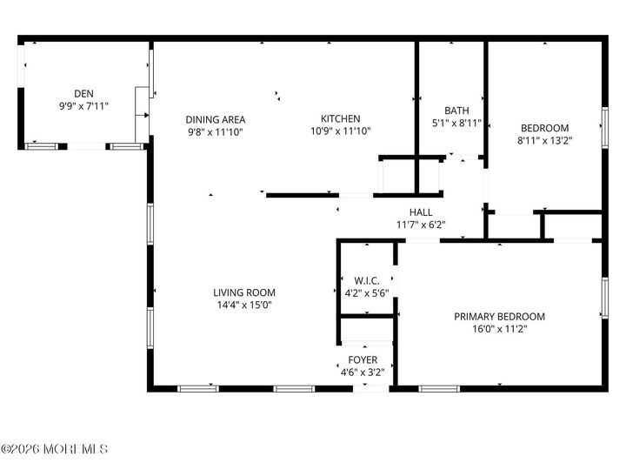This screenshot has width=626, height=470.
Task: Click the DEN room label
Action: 83,93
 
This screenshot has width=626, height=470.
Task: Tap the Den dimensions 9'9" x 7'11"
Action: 83,106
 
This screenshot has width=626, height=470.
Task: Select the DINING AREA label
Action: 216,119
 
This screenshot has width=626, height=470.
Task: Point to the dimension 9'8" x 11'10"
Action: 216,132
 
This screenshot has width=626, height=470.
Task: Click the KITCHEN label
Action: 340,119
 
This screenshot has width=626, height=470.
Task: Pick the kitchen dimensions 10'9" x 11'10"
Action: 340,132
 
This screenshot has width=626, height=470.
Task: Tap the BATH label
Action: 456,111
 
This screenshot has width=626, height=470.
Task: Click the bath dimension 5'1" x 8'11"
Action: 456,124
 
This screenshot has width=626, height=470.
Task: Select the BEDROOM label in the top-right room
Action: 544,128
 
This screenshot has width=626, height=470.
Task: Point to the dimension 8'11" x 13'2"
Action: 544,141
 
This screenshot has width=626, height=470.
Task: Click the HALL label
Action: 421,211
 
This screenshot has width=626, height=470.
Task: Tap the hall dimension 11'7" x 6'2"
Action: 421,225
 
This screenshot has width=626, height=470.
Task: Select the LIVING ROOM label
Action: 244,292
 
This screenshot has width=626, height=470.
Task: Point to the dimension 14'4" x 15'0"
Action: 244,305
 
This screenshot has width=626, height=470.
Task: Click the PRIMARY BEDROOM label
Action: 499,317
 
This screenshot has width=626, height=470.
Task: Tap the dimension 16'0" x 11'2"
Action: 499,330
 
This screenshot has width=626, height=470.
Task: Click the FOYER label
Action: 363,359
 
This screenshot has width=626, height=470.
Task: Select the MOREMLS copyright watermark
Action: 54,449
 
